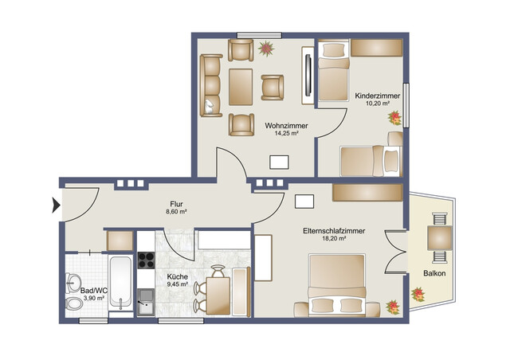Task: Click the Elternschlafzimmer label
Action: pyautogui.click(x=334, y=231)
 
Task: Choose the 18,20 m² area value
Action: pyautogui.click(x=334, y=239)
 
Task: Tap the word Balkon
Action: pyautogui.click(x=434, y=274)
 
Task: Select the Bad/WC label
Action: pyautogui.click(x=94, y=290)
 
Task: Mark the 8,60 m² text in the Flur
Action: pyautogui.click(x=176, y=212)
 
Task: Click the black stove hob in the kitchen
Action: pyautogui.click(x=147, y=260)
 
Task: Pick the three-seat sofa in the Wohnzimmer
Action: pyautogui.click(x=211, y=86)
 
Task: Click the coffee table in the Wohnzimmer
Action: pyautogui.click(x=241, y=87)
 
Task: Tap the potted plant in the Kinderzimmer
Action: pyautogui.click(x=394, y=117)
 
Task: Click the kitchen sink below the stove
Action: pyautogui.click(x=146, y=299)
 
